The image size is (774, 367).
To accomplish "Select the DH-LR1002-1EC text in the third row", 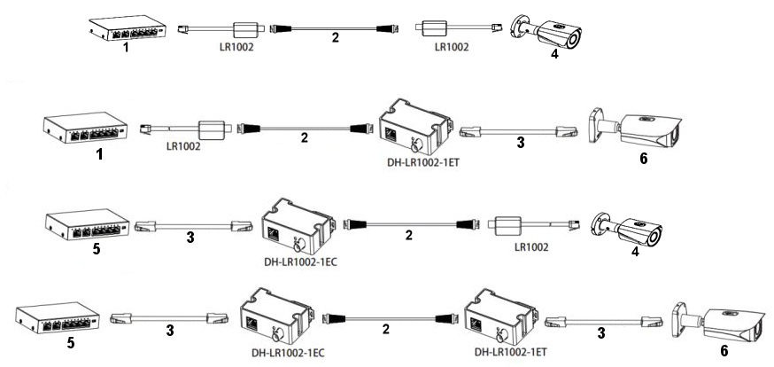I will point(299,262).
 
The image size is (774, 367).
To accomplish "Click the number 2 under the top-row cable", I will point(334,37).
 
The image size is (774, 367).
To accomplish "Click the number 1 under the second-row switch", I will point(100,153).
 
